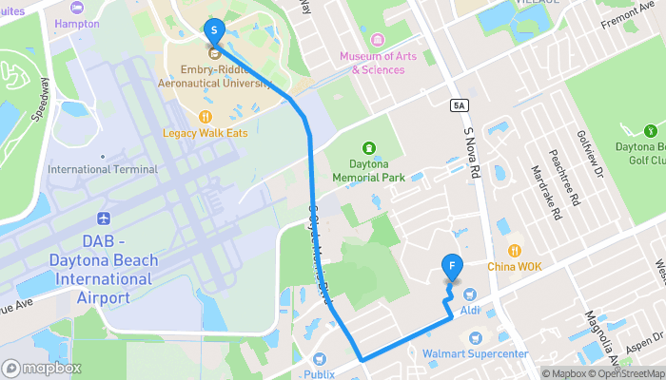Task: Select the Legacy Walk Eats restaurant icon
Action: [206, 116]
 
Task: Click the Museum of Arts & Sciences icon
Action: [378, 40]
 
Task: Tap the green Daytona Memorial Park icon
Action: [369, 147]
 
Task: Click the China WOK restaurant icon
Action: [515, 251]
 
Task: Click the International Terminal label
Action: [103, 169]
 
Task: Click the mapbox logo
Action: [42, 369]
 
